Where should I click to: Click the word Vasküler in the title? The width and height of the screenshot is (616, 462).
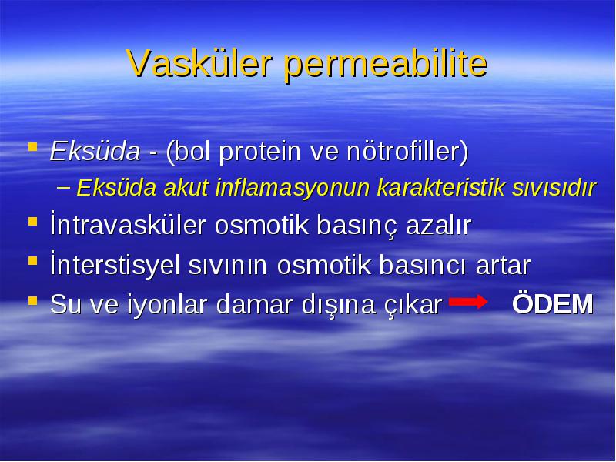pyautogui.click(x=199, y=63)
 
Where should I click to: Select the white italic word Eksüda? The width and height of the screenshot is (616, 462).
pyautogui.click(x=95, y=151)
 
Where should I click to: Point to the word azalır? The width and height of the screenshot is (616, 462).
pyautogui.click(x=438, y=224)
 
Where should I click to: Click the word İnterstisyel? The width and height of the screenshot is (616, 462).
pyautogui.click(x=115, y=263)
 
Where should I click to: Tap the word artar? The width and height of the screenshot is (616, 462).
pyautogui.click(x=503, y=265)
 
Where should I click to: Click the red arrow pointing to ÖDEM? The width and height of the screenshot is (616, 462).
pyautogui.click(x=468, y=302)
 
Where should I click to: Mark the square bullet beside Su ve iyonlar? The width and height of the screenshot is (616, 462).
pyautogui.click(x=33, y=301)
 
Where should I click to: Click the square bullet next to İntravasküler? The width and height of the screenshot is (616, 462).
pyautogui.click(x=33, y=222)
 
